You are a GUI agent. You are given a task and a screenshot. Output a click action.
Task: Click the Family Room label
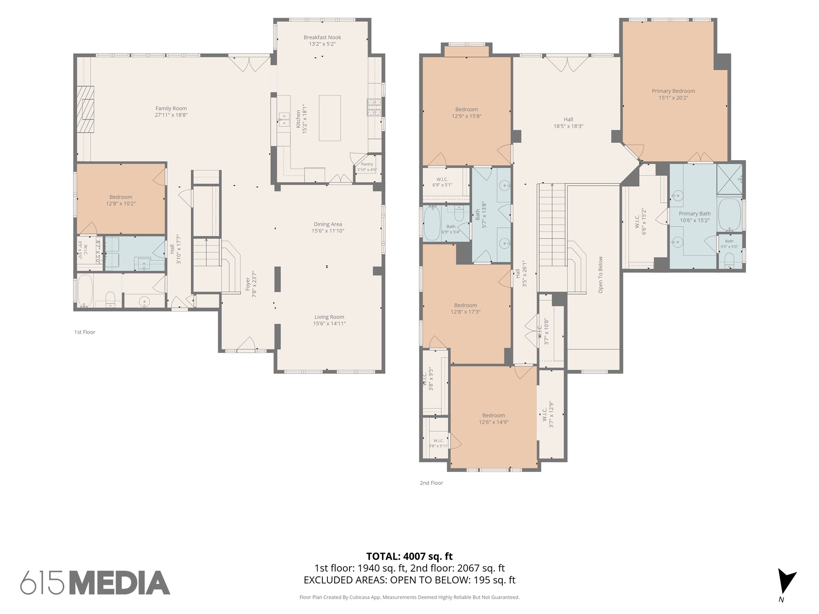click(x=171, y=108)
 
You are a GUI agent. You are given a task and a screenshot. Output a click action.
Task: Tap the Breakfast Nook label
click(x=322, y=38)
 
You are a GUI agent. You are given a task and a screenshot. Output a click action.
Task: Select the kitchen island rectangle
click(x=330, y=118)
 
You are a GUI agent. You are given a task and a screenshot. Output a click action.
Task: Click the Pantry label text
click(x=367, y=164)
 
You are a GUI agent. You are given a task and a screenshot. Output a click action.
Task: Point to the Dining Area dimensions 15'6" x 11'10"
click(x=328, y=231)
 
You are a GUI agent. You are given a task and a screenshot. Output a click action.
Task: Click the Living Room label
click(x=329, y=317)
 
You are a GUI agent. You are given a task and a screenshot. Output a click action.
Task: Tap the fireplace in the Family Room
click(x=86, y=109)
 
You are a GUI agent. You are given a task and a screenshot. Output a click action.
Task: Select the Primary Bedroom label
click(x=673, y=91)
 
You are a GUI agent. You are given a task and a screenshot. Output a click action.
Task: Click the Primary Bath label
click(x=695, y=213)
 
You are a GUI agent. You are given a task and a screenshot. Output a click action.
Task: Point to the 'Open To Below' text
click(x=600, y=275)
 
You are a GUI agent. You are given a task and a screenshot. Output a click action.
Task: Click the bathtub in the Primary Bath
click(x=730, y=214)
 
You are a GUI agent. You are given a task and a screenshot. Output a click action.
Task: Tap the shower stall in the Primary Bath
click(x=729, y=179)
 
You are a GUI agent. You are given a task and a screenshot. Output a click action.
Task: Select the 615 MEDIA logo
click(x=95, y=583)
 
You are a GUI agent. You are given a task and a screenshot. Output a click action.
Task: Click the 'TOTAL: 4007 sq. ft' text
click(x=409, y=556)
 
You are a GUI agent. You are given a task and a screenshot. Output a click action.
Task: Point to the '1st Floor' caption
click(x=85, y=332)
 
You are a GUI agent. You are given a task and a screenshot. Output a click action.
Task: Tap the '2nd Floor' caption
click(x=431, y=483)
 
